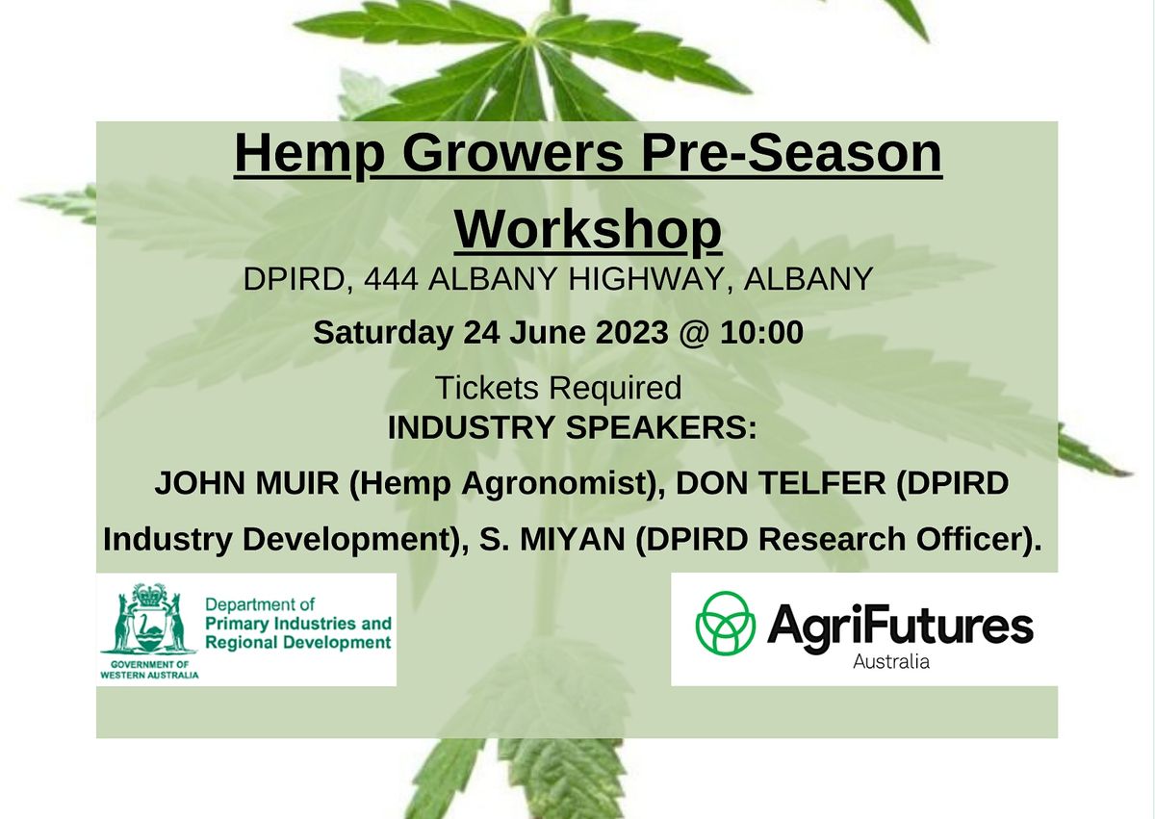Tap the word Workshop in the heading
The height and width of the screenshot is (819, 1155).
pos(587,230)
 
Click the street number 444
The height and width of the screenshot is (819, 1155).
pos(392,279)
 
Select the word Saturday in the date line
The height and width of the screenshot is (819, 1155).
pos(382,333)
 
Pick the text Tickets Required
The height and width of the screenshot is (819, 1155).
pos(557,388)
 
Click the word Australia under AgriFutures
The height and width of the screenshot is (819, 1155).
pos(891,661)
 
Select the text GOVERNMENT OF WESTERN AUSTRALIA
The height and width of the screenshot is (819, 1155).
pos(149,669)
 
